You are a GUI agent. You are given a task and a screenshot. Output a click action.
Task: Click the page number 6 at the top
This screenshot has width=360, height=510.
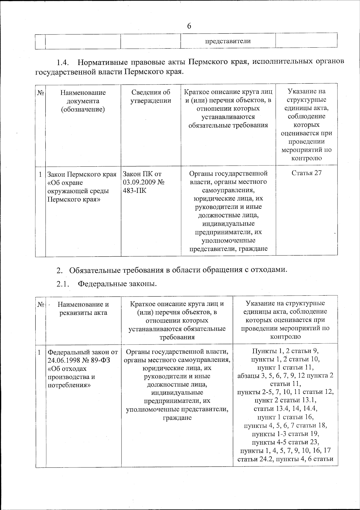[189, 26]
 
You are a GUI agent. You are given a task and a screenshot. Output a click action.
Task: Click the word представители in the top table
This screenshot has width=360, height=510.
[228, 41]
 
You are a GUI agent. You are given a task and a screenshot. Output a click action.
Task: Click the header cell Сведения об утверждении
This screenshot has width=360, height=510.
[151, 97]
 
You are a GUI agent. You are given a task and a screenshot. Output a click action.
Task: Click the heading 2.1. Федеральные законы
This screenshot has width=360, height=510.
[106, 284]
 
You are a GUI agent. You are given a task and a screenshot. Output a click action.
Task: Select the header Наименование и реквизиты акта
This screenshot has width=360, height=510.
[83, 308]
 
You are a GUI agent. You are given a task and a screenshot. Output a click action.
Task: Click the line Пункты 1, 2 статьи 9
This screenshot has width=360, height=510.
[285, 351]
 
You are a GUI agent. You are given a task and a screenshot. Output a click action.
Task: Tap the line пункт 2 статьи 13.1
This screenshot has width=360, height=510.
[285, 400]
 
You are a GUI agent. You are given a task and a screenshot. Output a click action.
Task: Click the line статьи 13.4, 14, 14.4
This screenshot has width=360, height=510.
[285, 409]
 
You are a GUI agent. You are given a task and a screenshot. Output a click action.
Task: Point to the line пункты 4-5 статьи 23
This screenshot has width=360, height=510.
[285, 442]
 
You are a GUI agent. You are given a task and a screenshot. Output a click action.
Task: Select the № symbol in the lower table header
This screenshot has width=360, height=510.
[41, 304]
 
